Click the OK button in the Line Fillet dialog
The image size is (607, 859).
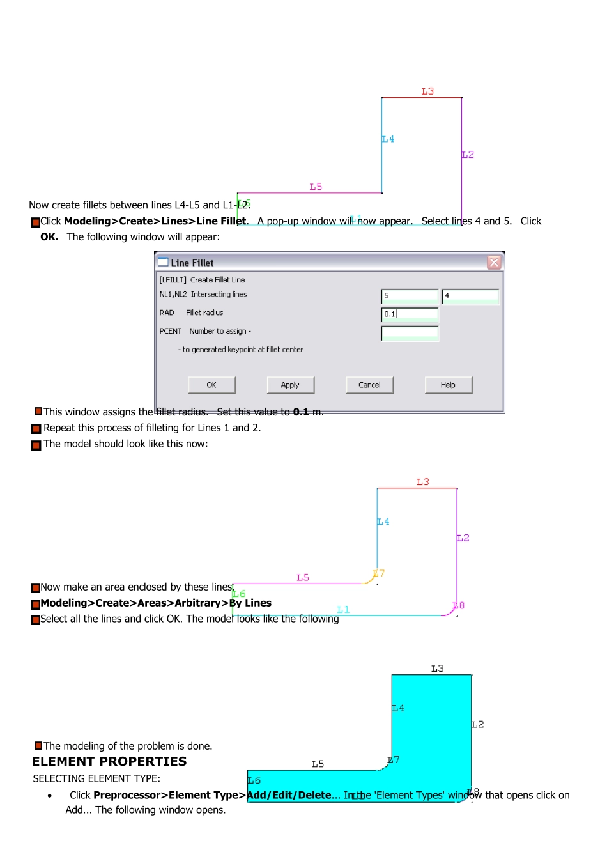[211, 385]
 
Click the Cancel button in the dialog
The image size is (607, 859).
[369, 385]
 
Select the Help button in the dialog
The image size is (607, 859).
[448, 385]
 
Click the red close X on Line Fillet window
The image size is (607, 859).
[494, 262]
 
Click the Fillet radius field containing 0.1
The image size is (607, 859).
[410, 314]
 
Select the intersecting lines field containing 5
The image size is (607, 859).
[410, 296]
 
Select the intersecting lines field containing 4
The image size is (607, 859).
[470, 296]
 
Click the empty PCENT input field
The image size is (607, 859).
[410, 333]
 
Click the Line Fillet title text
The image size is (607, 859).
[192, 263]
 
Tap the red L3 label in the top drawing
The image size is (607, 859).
[427, 91]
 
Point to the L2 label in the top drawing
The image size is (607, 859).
[468, 155]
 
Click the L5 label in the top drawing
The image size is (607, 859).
[316, 187]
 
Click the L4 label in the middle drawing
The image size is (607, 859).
[383, 522]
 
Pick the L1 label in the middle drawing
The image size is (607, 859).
[343, 609]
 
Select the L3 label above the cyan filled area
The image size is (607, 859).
[437, 669]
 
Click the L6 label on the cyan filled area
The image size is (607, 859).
[254, 780]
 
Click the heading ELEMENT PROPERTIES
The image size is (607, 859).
[109, 761]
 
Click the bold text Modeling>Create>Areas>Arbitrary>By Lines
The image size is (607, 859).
[156, 603]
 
